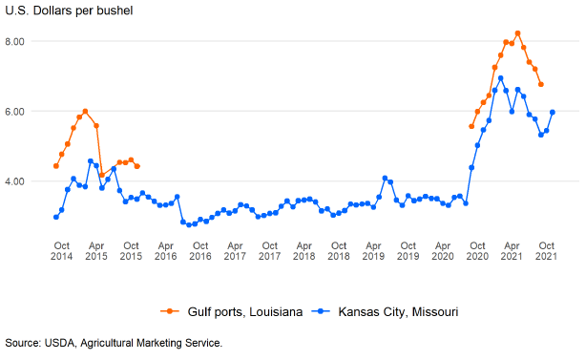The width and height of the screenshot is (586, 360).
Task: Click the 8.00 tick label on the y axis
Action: click(x=14, y=41)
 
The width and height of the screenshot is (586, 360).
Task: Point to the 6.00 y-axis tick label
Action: click(x=14, y=112)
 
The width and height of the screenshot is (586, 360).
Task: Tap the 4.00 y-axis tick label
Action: click(x=14, y=181)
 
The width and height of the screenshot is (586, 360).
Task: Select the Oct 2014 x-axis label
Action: click(x=62, y=251)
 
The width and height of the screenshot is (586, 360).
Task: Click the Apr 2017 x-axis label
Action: click(x=235, y=251)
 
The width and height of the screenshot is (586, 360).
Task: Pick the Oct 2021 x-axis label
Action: click(x=546, y=251)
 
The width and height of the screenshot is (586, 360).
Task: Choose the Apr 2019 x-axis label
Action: click(x=373, y=251)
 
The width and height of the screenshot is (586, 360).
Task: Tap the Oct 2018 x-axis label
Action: click(x=339, y=251)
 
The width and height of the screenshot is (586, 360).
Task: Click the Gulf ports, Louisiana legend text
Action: click(x=245, y=311)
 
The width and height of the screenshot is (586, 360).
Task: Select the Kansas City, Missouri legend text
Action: click(x=398, y=311)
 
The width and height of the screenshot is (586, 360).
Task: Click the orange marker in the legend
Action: click(x=170, y=311)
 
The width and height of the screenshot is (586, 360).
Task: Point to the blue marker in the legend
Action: click(x=321, y=311)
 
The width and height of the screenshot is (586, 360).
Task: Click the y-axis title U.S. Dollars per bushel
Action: click(x=69, y=11)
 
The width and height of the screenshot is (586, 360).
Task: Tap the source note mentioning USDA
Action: click(x=114, y=343)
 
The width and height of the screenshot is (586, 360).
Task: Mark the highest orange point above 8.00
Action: click(x=517, y=33)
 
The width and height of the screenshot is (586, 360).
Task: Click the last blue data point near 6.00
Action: click(x=553, y=112)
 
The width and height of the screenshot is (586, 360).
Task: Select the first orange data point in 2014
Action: click(x=56, y=166)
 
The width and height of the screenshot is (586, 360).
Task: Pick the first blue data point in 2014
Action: click(x=56, y=217)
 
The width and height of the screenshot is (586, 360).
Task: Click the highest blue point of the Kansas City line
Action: click(x=501, y=78)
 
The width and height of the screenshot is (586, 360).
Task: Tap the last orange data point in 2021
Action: click(x=541, y=84)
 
